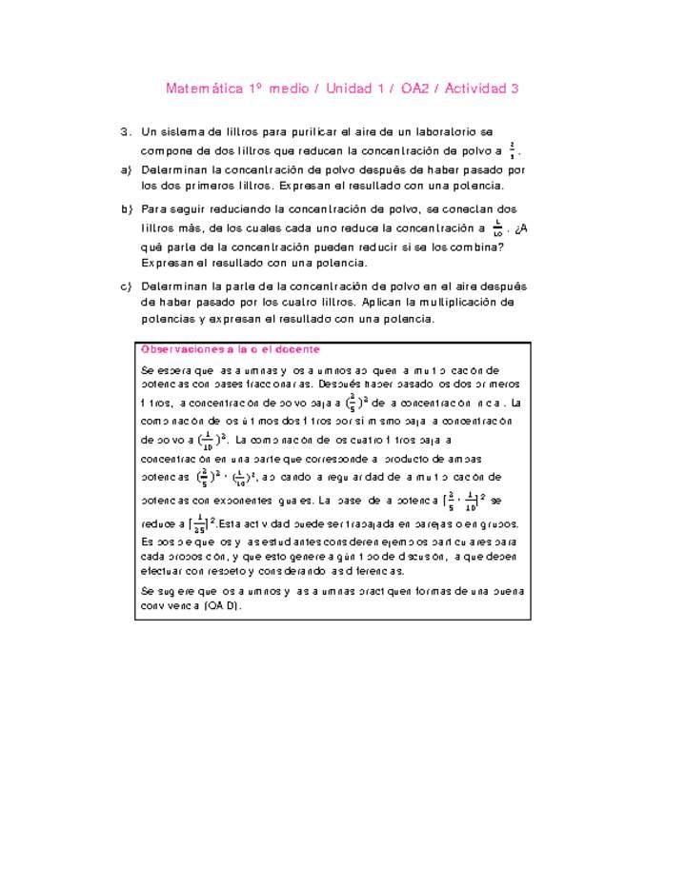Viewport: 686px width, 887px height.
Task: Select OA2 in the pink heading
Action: point(414,89)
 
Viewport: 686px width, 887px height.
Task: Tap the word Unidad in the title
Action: point(351,89)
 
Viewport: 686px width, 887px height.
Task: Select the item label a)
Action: point(126,169)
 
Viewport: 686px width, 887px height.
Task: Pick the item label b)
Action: point(126,208)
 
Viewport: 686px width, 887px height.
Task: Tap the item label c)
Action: point(126,286)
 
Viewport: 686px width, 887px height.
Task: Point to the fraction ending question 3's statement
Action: point(513,149)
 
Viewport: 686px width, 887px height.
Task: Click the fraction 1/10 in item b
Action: point(497,227)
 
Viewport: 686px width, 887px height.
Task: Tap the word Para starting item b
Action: point(154,208)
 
